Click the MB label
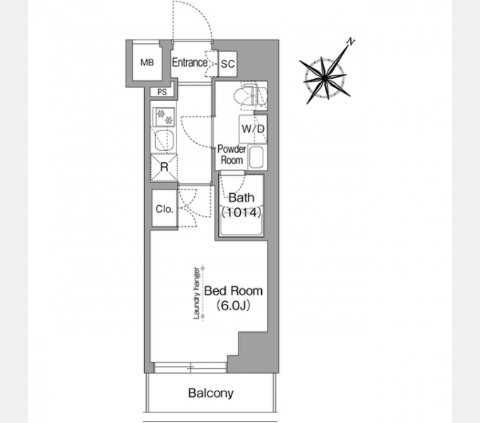pyautogui.click(x=147, y=62)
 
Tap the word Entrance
pyautogui.click(x=189, y=62)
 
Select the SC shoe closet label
pyautogui.click(x=228, y=64)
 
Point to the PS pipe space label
pyautogui.click(x=162, y=92)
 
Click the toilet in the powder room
pyautogui.click(x=250, y=95)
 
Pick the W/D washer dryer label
pyautogui.click(x=253, y=129)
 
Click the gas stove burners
pyautogui.click(x=164, y=117)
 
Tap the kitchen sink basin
pyautogui.click(x=164, y=140)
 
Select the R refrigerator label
pyautogui.click(x=164, y=167)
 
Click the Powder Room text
pyautogui.click(x=232, y=154)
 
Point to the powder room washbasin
pyautogui.click(x=256, y=157)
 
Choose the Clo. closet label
pyautogui.click(x=164, y=209)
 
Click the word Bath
pyautogui.click(x=241, y=197)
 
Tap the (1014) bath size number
pyautogui.click(x=241, y=212)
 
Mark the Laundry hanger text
pyautogui.click(x=196, y=293)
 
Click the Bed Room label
pyautogui.click(x=233, y=290)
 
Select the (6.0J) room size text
pyautogui.click(x=233, y=305)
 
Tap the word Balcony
pyautogui.click(x=211, y=393)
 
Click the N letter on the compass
pyautogui.click(x=351, y=42)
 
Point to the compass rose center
pyautogui.click(x=325, y=78)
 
